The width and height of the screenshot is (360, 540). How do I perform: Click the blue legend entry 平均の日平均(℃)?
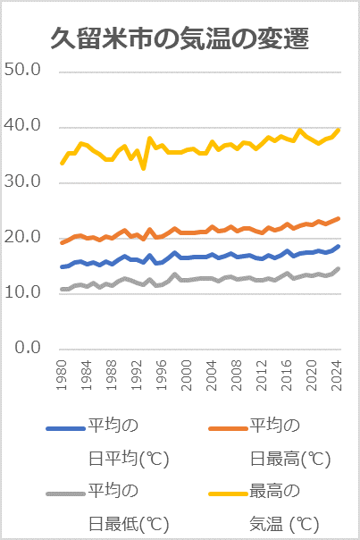(x=107, y=443)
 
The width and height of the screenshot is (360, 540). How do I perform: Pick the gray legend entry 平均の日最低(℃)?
(x=107, y=506)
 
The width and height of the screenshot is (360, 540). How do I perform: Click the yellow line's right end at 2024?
(x=339, y=129)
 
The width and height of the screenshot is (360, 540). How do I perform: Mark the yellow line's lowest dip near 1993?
(x=144, y=168)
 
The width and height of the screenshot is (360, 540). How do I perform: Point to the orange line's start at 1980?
(x=62, y=242)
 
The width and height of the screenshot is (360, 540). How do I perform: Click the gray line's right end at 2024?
(x=339, y=268)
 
